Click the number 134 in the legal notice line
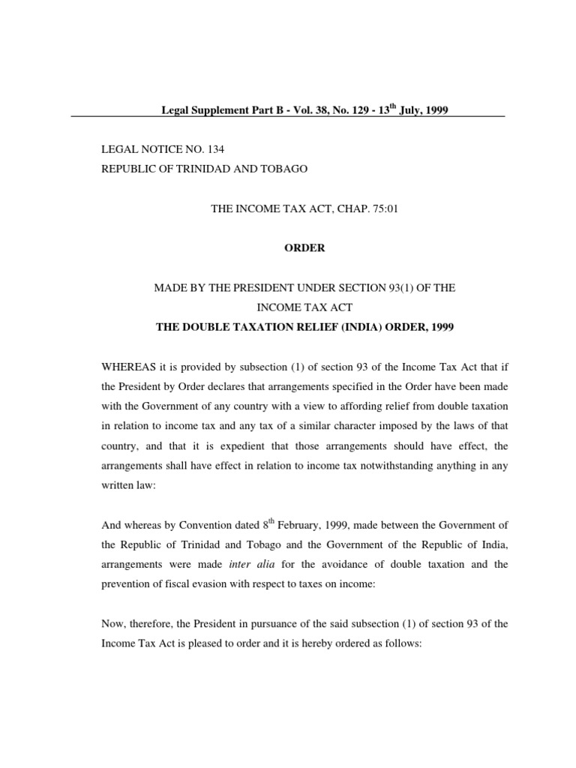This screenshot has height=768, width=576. point(214,149)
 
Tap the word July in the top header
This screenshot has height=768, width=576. point(408,111)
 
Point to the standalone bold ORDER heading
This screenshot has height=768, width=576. point(304,248)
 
